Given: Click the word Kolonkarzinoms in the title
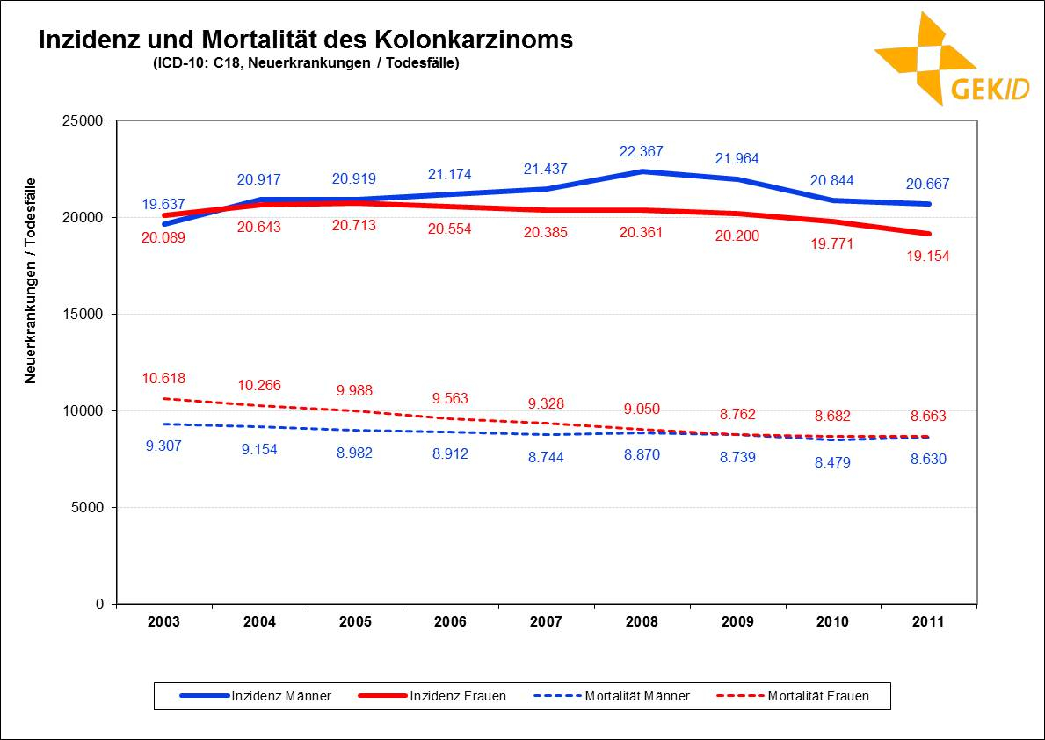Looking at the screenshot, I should [474, 40].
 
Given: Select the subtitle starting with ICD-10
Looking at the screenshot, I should [306, 63].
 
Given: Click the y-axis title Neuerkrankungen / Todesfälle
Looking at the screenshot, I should [30, 280].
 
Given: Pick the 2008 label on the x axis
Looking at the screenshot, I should [642, 622].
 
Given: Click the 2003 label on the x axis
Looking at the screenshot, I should [163, 622].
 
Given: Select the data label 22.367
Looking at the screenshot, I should [641, 151].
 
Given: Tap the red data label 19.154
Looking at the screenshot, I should [927, 256].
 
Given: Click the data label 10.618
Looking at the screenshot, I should [163, 379].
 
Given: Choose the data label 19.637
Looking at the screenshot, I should [163, 204].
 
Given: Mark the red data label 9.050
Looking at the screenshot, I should [641, 409].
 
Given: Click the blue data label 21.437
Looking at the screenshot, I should [546, 169].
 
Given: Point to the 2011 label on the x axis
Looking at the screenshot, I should [928, 622].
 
